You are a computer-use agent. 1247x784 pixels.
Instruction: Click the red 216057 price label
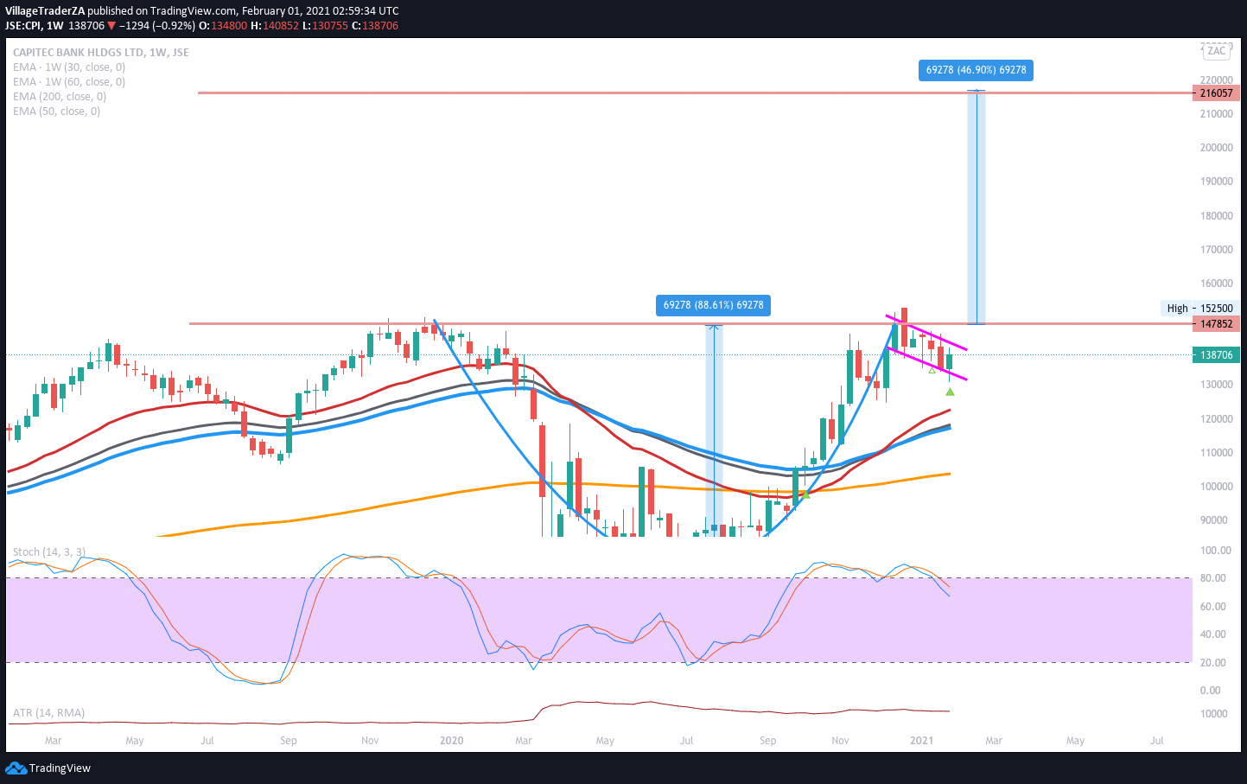pos(1216,92)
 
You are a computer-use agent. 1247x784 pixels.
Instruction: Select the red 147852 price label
pos(1216,323)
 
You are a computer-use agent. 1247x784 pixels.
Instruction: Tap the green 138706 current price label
pos(1216,354)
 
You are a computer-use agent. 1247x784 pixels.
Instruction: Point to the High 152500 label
pos(1200,308)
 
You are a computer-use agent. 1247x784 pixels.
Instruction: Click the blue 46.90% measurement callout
pos(976,70)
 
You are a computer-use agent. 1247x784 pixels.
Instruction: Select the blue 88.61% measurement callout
pos(713,305)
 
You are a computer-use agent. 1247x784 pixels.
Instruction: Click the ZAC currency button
pos(1217,51)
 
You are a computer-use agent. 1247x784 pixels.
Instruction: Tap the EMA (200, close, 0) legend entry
pos(60,97)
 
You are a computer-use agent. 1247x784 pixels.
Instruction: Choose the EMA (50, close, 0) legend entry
pos(56,112)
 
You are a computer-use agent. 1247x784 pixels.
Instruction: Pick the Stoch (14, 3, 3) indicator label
pos(49,552)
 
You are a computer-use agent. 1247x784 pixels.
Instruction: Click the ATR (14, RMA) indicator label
pos(48,713)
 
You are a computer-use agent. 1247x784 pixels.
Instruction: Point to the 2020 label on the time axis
pos(451,741)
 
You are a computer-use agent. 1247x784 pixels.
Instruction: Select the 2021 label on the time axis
pos(921,741)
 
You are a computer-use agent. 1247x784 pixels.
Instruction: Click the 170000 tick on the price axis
pos(1216,250)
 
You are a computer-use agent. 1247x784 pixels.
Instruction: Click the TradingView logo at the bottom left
pos(48,768)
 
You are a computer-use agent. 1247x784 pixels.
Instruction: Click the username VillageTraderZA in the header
pos(45,11)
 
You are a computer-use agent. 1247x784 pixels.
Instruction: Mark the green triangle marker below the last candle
pos(950,392)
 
